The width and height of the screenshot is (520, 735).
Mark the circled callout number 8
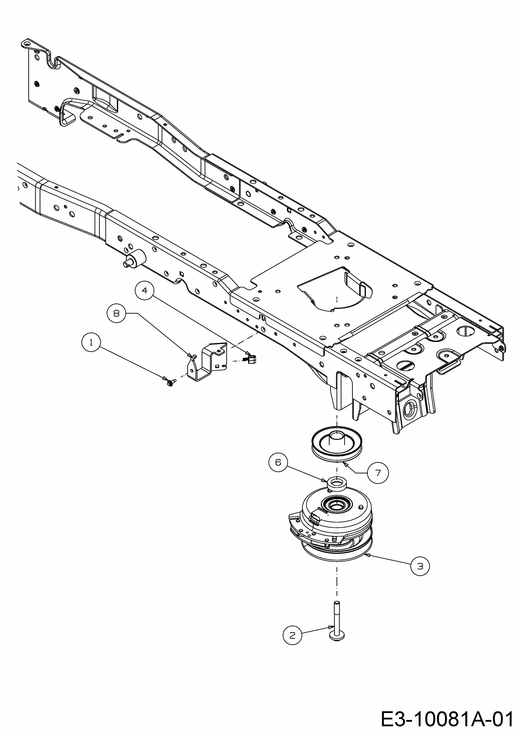click(x=116, y=313)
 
